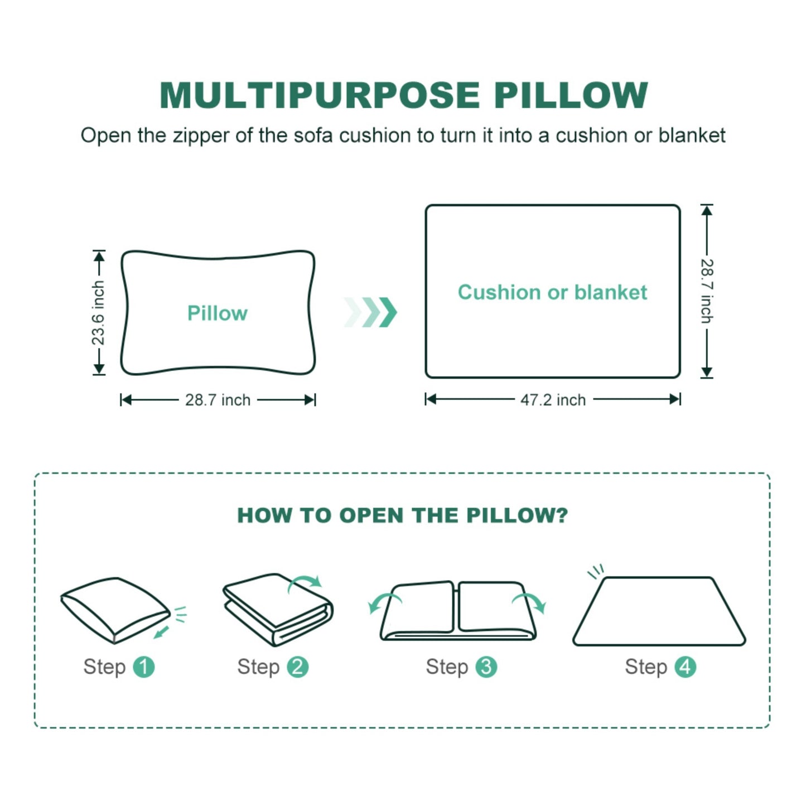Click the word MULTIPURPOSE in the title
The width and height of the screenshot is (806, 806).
[x=320, y=96]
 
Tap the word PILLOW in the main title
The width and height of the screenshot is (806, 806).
[x=571, y=96]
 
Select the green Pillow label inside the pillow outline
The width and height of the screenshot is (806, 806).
[x=218, y=313]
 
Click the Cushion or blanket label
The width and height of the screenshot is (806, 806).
[x=553, y=292]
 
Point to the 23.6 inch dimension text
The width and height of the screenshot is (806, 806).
[x=98, y=313]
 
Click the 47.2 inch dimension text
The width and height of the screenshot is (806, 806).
[x=553, y=400]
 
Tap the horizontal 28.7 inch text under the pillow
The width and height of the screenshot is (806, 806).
[x=218, y=400]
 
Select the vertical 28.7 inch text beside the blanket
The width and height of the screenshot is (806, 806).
[x=707, y=292]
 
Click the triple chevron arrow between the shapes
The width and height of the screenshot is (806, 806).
[x=370, y=312]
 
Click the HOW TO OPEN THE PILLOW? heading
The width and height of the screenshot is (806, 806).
[x=403, y=515]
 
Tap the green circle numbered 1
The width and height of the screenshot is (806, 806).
[x=144, y=667]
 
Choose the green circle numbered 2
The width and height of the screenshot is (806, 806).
[x=297, y=667]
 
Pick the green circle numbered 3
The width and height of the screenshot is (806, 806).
[x=486, y=667]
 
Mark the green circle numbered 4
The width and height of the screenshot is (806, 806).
[x=686, y=667]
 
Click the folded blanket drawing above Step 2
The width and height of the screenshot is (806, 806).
[x=278, y=610]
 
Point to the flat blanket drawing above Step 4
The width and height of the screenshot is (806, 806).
[x=659, y=611]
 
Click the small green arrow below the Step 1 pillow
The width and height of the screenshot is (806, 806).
[x=161, y=632]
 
